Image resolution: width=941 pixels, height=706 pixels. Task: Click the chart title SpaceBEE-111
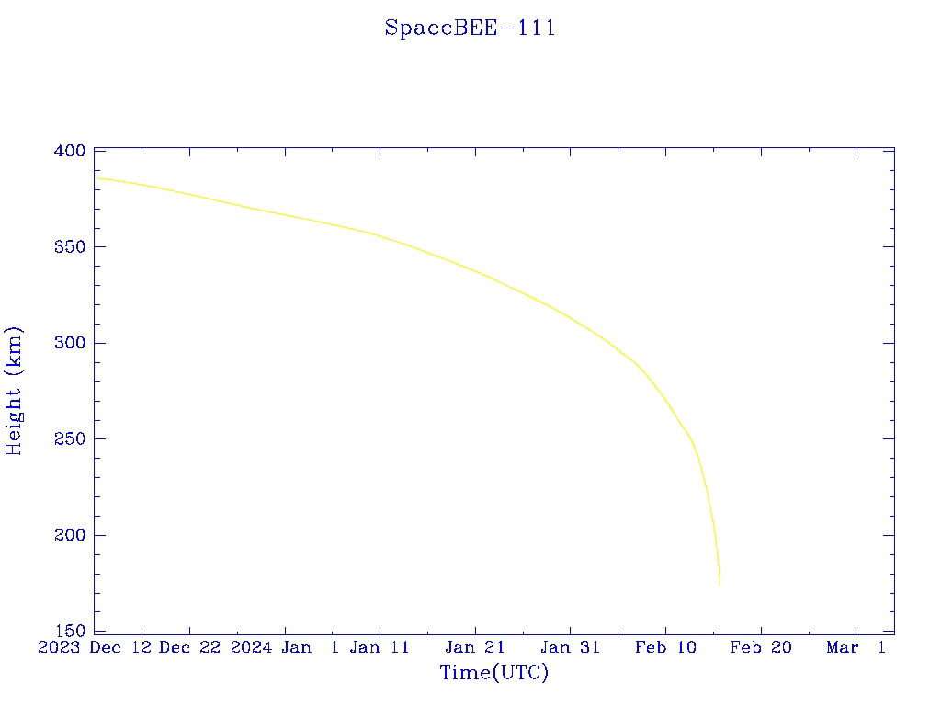click(x=470, y=28)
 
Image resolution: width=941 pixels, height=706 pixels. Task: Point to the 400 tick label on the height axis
click(x=69, y=151)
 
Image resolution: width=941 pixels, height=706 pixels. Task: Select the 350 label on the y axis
click(x=69, y=247)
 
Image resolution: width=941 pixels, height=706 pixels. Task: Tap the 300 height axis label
click(x=69, y=343)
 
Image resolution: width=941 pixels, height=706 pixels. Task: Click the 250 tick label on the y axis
click(x=69, y=439)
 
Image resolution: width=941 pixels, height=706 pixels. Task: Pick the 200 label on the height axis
click(x=69, y=535)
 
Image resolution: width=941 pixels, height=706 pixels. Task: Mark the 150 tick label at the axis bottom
click(x=69, y=632)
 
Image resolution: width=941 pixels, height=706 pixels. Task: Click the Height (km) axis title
click(x=14, y=391)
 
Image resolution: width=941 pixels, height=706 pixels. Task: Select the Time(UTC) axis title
click(x=493, y=673)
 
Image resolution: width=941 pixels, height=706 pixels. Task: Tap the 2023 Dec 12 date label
click(x=95, y=648)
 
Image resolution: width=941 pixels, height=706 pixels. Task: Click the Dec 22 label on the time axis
click(x=189, y=648)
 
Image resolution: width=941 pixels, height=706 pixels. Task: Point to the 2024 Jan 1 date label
click(x=285, y=648)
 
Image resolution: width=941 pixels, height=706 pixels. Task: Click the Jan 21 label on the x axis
click(x=475, y=648)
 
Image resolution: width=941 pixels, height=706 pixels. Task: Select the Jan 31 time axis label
click(x=570, y=648)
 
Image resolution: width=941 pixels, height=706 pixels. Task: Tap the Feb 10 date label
click(x=665, y=648)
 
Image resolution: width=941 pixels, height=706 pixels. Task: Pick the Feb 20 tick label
click(x=761, y=648)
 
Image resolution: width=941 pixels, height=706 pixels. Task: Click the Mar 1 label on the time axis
click(x=856, y=648)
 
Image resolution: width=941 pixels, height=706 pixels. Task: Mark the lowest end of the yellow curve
click(x=720, y=585)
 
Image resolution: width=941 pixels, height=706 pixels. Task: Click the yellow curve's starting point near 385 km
click(x=96, y=178)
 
